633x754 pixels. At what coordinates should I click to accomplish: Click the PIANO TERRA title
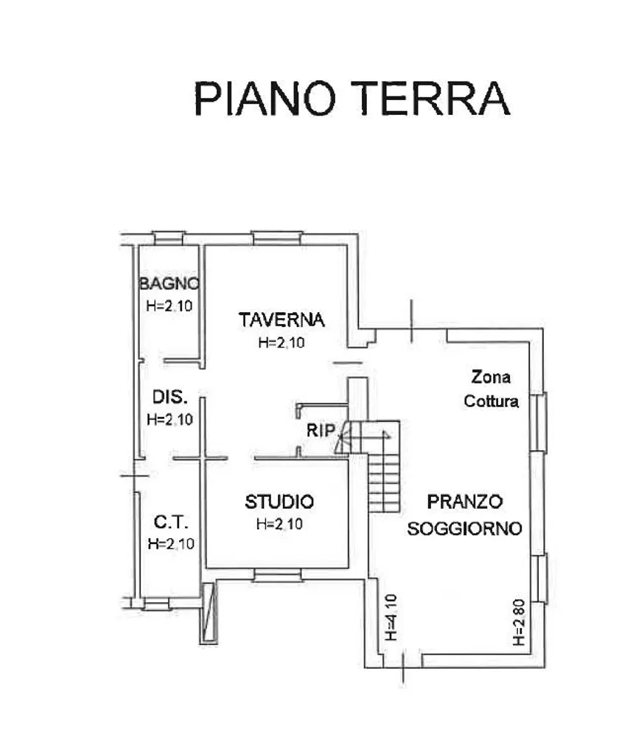click(352, 98)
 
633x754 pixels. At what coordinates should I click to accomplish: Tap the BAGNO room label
click(169, 283)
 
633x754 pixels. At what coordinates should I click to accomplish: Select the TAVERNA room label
click(281, 320)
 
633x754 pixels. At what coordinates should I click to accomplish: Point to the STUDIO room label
click(279, 501)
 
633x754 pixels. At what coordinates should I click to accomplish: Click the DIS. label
click(169, 397)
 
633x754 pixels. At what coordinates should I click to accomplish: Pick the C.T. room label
click(171, 522)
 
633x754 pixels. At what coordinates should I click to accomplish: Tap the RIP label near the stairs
click(321, 430)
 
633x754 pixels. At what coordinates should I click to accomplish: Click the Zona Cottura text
click(491, 389)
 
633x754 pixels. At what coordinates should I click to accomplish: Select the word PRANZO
click(465, 501)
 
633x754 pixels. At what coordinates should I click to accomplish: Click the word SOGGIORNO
click(464, 529)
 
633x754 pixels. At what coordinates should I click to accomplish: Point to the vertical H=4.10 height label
click(391, 618)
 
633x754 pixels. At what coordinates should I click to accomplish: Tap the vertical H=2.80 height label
click(518, 622)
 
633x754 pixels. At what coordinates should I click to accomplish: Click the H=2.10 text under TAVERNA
click(281, 342)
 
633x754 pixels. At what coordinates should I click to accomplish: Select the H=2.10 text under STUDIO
click(280, 524)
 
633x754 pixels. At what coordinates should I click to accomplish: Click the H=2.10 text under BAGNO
click(169, 306)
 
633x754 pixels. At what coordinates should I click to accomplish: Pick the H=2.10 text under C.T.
click(172, 543)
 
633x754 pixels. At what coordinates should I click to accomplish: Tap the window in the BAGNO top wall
click(169, 238)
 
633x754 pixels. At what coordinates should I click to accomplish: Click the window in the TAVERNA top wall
click(277, 238)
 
